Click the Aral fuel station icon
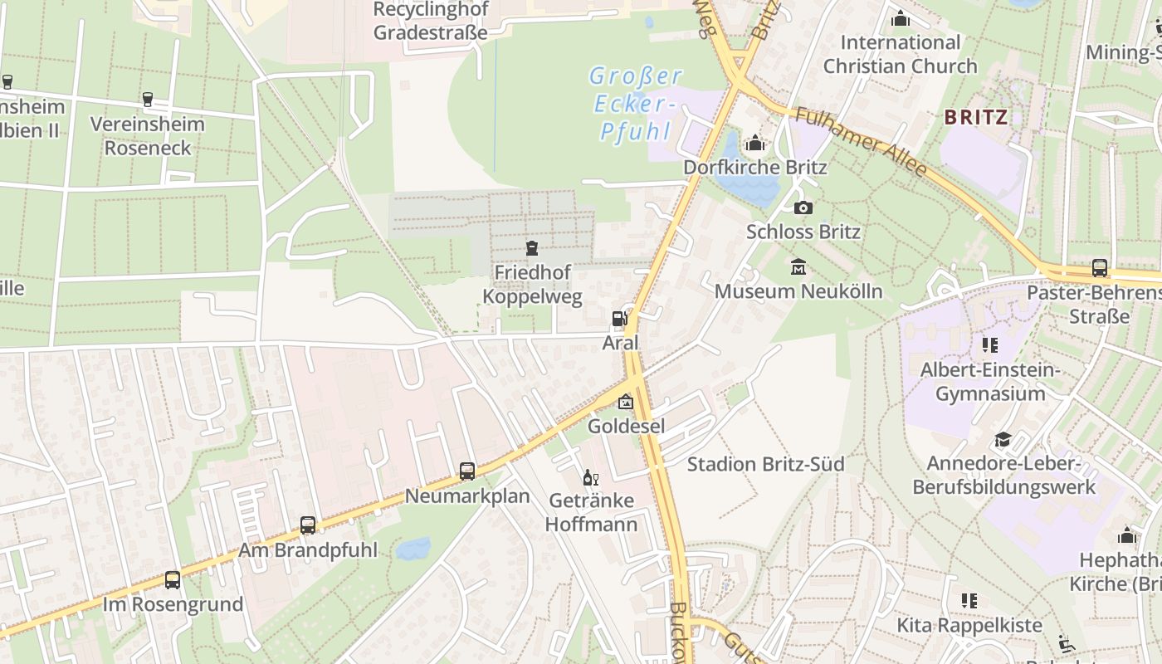619,318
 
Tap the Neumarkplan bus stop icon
467,471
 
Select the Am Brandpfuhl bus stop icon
308,525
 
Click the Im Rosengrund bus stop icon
173,580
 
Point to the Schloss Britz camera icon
803,207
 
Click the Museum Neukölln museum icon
798,267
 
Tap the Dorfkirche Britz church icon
754,144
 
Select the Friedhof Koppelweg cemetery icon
532,247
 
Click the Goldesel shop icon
625,402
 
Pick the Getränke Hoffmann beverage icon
591,477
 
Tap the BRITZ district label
976,117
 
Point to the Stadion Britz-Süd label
765,464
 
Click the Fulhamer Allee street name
861,142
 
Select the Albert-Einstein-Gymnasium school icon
989,344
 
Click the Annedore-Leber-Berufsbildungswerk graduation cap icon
1003,440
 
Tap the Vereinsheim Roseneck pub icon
148,100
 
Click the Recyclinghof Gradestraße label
431,21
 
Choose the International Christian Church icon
900,18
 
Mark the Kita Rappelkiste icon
969,600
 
